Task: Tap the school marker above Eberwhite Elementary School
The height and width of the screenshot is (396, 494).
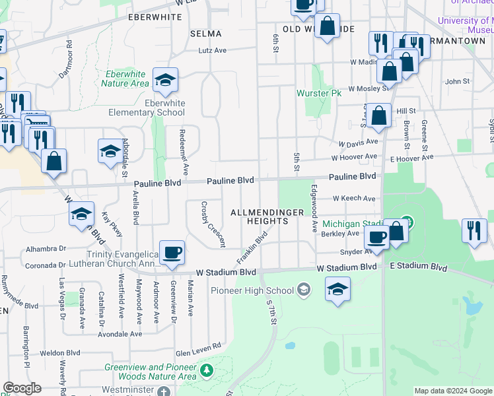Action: point(164,81)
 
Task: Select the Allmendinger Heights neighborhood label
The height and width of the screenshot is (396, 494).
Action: point(267,216)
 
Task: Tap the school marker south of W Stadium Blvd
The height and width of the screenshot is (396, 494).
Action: point(337,289)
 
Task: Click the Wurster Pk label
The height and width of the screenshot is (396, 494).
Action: point(318,93)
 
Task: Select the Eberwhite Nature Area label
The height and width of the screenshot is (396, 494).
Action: point(125,79)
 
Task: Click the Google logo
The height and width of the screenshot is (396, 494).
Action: point(22,388)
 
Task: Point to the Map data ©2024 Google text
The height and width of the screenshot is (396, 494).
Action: point(453,391)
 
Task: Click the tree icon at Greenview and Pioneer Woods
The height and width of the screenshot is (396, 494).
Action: point(206,372)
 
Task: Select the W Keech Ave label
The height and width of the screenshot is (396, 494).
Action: point(354,198)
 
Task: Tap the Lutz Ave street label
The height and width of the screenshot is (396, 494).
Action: point(213,49)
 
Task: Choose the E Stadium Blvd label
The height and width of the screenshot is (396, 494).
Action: point(418,267)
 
